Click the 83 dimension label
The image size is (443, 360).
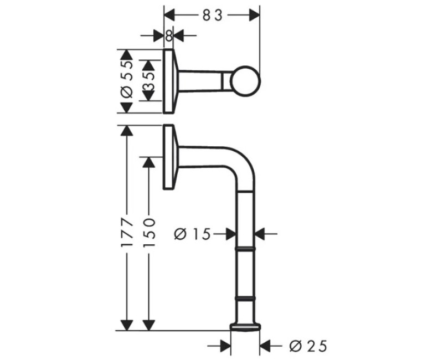pyautogui.click(x=213, y=16)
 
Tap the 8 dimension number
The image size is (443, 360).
pyautogui.click(x=169, y=36)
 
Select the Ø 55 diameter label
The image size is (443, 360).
pyautogui.click(x=127, y=79)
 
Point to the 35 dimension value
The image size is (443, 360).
pyautogui.click(x=149, y=81)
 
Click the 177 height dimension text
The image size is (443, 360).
pyautogui.click(x=127, y=232)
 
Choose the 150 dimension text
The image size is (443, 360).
pyautogui.click(x=149, y=232)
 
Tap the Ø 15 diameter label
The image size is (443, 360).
pyautogui.click(x=193, y=234)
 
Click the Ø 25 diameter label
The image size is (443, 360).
pyautogui.click(x=308, y=345)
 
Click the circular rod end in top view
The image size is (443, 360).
pyautogui.click(x=245, y=81)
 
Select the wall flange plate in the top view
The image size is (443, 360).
pyautogui.click(x=168, y=81)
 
